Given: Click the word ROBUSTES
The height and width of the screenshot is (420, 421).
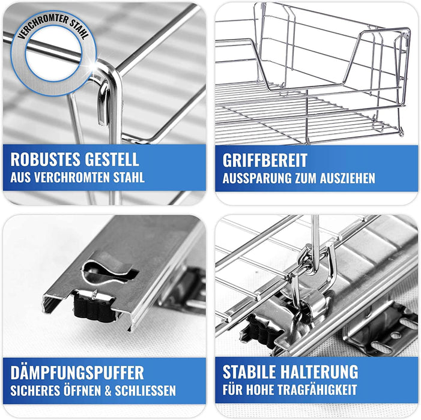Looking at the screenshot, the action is click(46, 160).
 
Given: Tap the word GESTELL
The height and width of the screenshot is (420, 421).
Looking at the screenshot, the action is click(112, 160).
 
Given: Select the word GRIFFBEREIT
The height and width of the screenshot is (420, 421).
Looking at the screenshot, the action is click(265, 160).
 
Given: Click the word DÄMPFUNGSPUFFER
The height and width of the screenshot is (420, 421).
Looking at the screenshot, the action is click(77, 372).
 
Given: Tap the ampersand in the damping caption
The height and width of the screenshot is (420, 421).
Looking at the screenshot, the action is click(108, 391).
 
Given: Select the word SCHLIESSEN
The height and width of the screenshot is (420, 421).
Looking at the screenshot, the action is click(145, 391).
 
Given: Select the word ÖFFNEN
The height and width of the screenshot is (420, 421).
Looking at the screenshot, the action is click(83, 390).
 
